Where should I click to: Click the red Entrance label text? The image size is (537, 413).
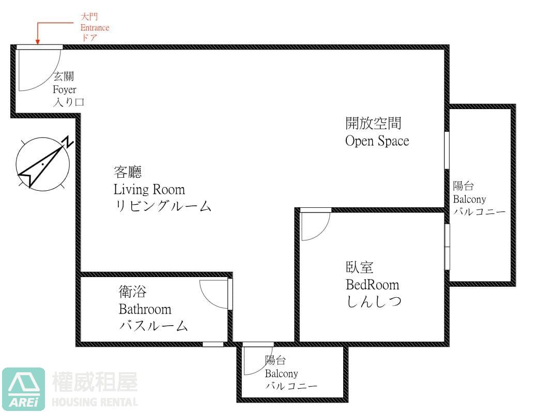(95, 27)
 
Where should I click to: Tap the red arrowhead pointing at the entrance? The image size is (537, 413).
(38, 42)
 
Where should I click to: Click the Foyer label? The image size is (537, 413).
(65, 90)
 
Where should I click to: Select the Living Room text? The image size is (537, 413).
(149, 189)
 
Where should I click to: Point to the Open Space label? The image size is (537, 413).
(377, 141)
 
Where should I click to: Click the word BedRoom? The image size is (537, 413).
(372, 285)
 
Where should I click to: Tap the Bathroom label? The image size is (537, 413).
(145, 309)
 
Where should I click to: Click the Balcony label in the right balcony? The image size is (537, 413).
(469, 200)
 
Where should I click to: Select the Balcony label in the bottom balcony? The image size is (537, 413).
(281, 373)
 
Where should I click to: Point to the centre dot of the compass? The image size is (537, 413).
(42, 164)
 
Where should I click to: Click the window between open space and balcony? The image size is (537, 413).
(447, 150)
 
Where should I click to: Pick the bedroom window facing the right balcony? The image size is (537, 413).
(447, 247)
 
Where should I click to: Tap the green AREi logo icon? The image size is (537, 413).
(24, 389)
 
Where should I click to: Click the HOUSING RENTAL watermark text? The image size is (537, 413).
(95, 402)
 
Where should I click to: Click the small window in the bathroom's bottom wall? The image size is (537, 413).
(212, 344)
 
